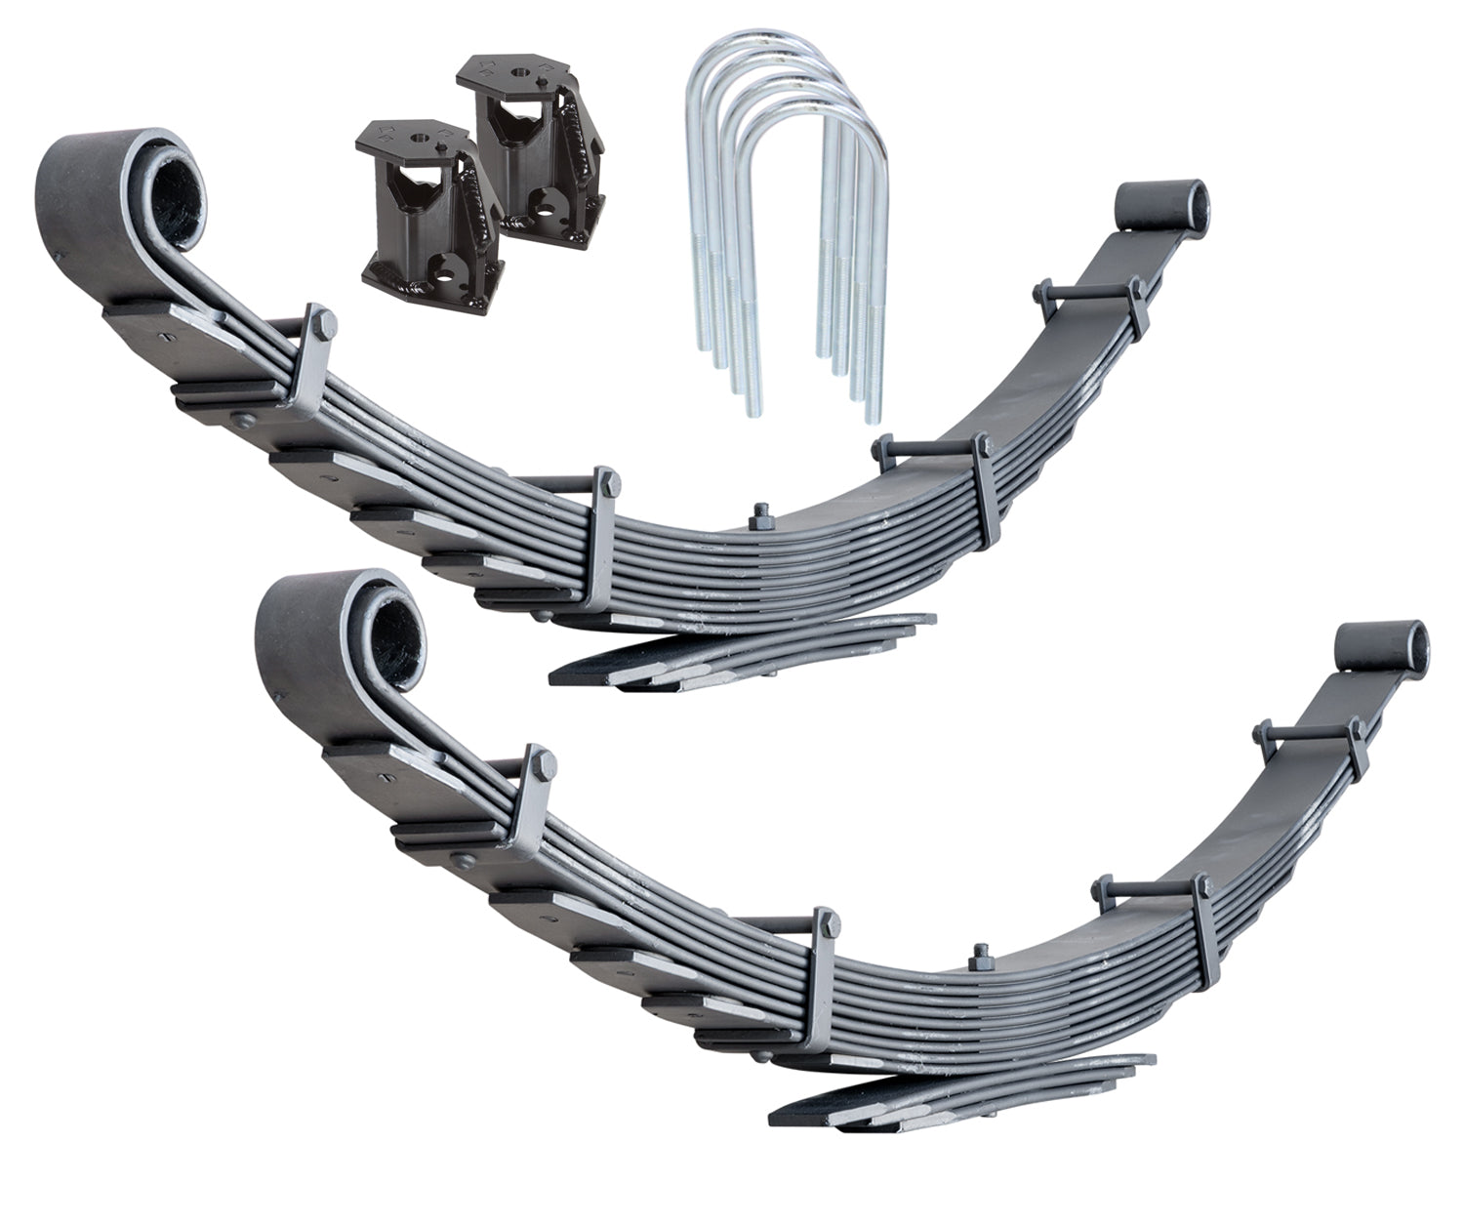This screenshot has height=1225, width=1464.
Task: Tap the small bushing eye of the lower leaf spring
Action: [x=1383, y=645]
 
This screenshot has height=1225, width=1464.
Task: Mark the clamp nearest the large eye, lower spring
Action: [x=533, y=799]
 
